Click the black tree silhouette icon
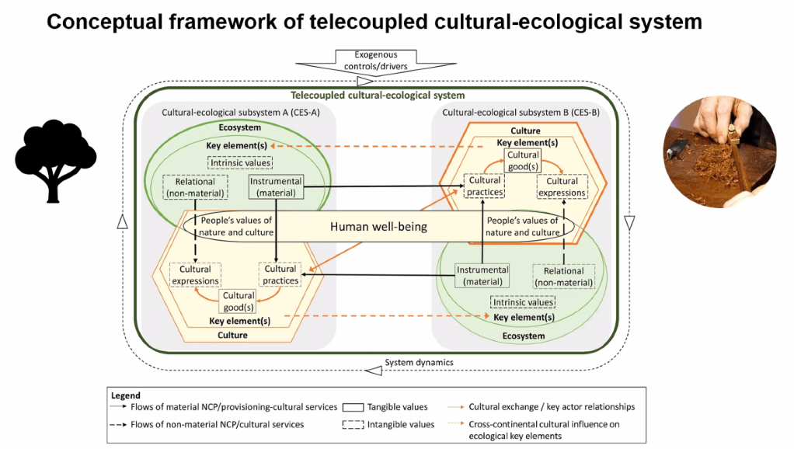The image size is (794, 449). [x=55, y=159]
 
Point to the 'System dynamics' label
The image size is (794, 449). [x=419, y=363]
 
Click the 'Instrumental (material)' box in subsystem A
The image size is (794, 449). [x=276, y=186]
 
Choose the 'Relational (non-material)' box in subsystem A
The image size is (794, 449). [x=194, y=186]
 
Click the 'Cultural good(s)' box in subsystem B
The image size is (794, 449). [x=523, y=160]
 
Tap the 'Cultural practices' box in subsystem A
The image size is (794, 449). [x=280, y=274]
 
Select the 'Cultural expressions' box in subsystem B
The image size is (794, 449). [x=562, y=186]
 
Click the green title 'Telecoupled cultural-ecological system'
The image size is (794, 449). [x=378, y=96]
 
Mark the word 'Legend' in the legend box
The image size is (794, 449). [x=126, y=395]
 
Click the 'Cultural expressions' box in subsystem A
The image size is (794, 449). [x=196, y=274]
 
